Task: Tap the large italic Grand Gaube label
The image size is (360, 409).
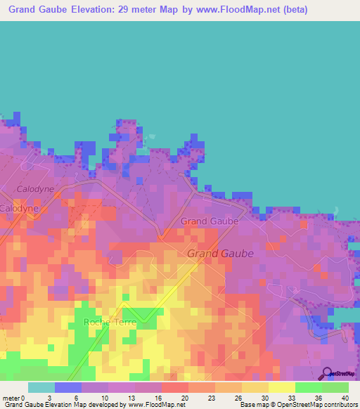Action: tap(220, 254)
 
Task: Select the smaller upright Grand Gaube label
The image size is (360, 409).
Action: tap(209, 221)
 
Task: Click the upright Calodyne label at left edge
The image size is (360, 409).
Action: tap(18, 209)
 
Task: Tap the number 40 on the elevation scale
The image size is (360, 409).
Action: tap(345, 397)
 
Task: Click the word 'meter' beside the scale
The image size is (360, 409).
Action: tap(11, 397)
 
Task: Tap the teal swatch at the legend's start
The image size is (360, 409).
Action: tap(41, 387)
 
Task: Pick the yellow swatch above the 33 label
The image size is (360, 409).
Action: tap(281, 387)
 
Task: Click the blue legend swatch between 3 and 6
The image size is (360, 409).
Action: tap(68, 387)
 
